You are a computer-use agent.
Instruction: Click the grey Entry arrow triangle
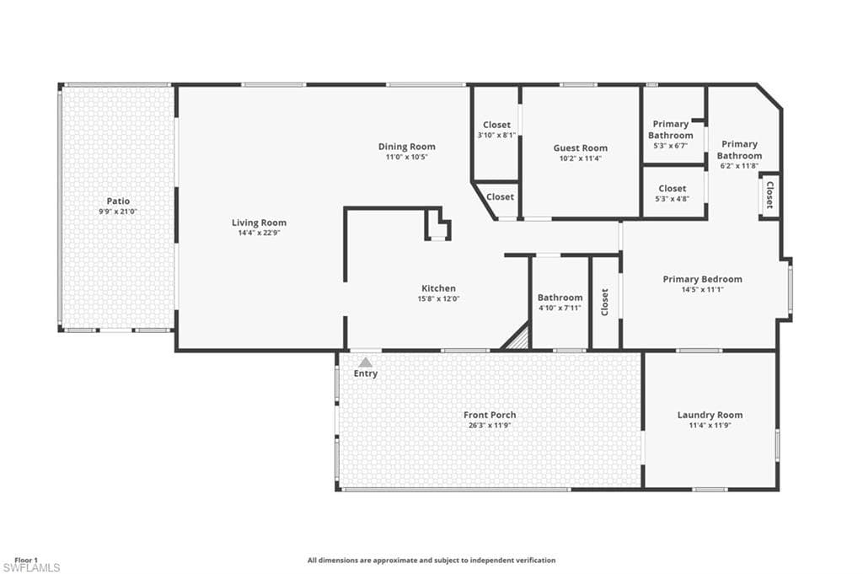[365, 362]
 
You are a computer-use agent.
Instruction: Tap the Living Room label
[259, 223]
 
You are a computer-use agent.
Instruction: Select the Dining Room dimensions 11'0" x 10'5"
[407, 157]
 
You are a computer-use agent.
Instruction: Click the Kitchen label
[438, 287]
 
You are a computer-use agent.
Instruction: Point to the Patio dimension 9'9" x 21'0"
[118, 212]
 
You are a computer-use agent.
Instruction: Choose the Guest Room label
[580, 148]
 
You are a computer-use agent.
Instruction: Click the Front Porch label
[490, 415]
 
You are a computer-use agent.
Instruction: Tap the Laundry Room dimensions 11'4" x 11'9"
[710, 426]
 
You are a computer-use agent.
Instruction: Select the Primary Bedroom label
[702, 279]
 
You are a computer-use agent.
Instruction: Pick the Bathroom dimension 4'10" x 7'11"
[560, 308]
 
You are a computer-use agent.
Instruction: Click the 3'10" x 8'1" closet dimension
[496, 135]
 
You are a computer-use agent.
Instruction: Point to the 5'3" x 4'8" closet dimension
[672, 199]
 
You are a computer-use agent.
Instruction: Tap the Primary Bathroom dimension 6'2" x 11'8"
[739, 166]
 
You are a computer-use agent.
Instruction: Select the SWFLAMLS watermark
[31, 568]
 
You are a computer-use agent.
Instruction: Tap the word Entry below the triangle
[366, 373]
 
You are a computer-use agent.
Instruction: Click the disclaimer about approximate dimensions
[431, 561]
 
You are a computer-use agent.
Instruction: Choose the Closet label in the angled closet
[500, 196]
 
